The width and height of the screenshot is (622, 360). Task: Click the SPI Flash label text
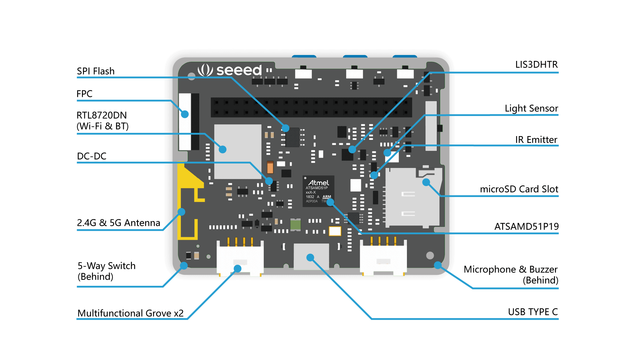(96, 71)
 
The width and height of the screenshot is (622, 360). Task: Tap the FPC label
(84, 94)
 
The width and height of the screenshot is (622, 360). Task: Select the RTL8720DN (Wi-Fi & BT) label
(102, 121)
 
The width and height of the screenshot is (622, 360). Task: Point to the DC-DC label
(92, 156)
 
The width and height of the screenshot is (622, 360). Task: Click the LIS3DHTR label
(536, 64)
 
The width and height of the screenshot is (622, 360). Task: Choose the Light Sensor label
(531, 108)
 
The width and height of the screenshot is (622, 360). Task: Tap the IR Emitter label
(536, 140)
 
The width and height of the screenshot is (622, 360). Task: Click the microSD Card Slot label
(519, 189)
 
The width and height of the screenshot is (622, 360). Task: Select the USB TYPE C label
(533, 312)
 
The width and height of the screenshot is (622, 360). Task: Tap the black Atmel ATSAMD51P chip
(318, 191)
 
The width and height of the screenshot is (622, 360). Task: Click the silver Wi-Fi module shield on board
(237, 151)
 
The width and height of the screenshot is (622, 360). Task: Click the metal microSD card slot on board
(411, 198)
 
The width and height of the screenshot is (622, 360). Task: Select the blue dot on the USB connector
(310, 258)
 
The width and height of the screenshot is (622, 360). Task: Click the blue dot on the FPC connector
(185, 114)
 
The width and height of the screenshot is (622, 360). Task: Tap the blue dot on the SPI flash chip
(285, 128)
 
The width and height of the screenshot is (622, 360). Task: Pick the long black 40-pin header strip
(311, 107)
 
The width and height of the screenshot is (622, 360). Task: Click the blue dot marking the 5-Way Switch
(184, 266)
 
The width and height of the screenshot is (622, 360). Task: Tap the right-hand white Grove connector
(383, 258)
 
